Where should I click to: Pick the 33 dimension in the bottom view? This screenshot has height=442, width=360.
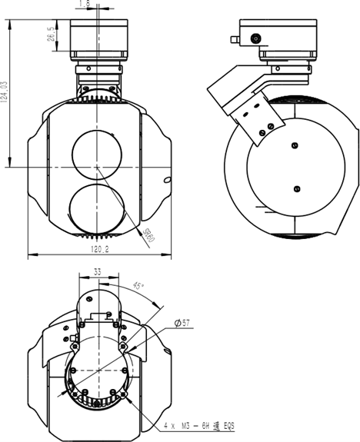97,271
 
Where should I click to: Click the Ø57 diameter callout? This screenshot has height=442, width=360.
182,324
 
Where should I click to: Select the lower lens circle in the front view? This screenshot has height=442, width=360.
97,204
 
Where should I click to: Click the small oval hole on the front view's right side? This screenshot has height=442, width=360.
164,180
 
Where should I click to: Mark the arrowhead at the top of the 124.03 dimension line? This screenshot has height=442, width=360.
8,22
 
